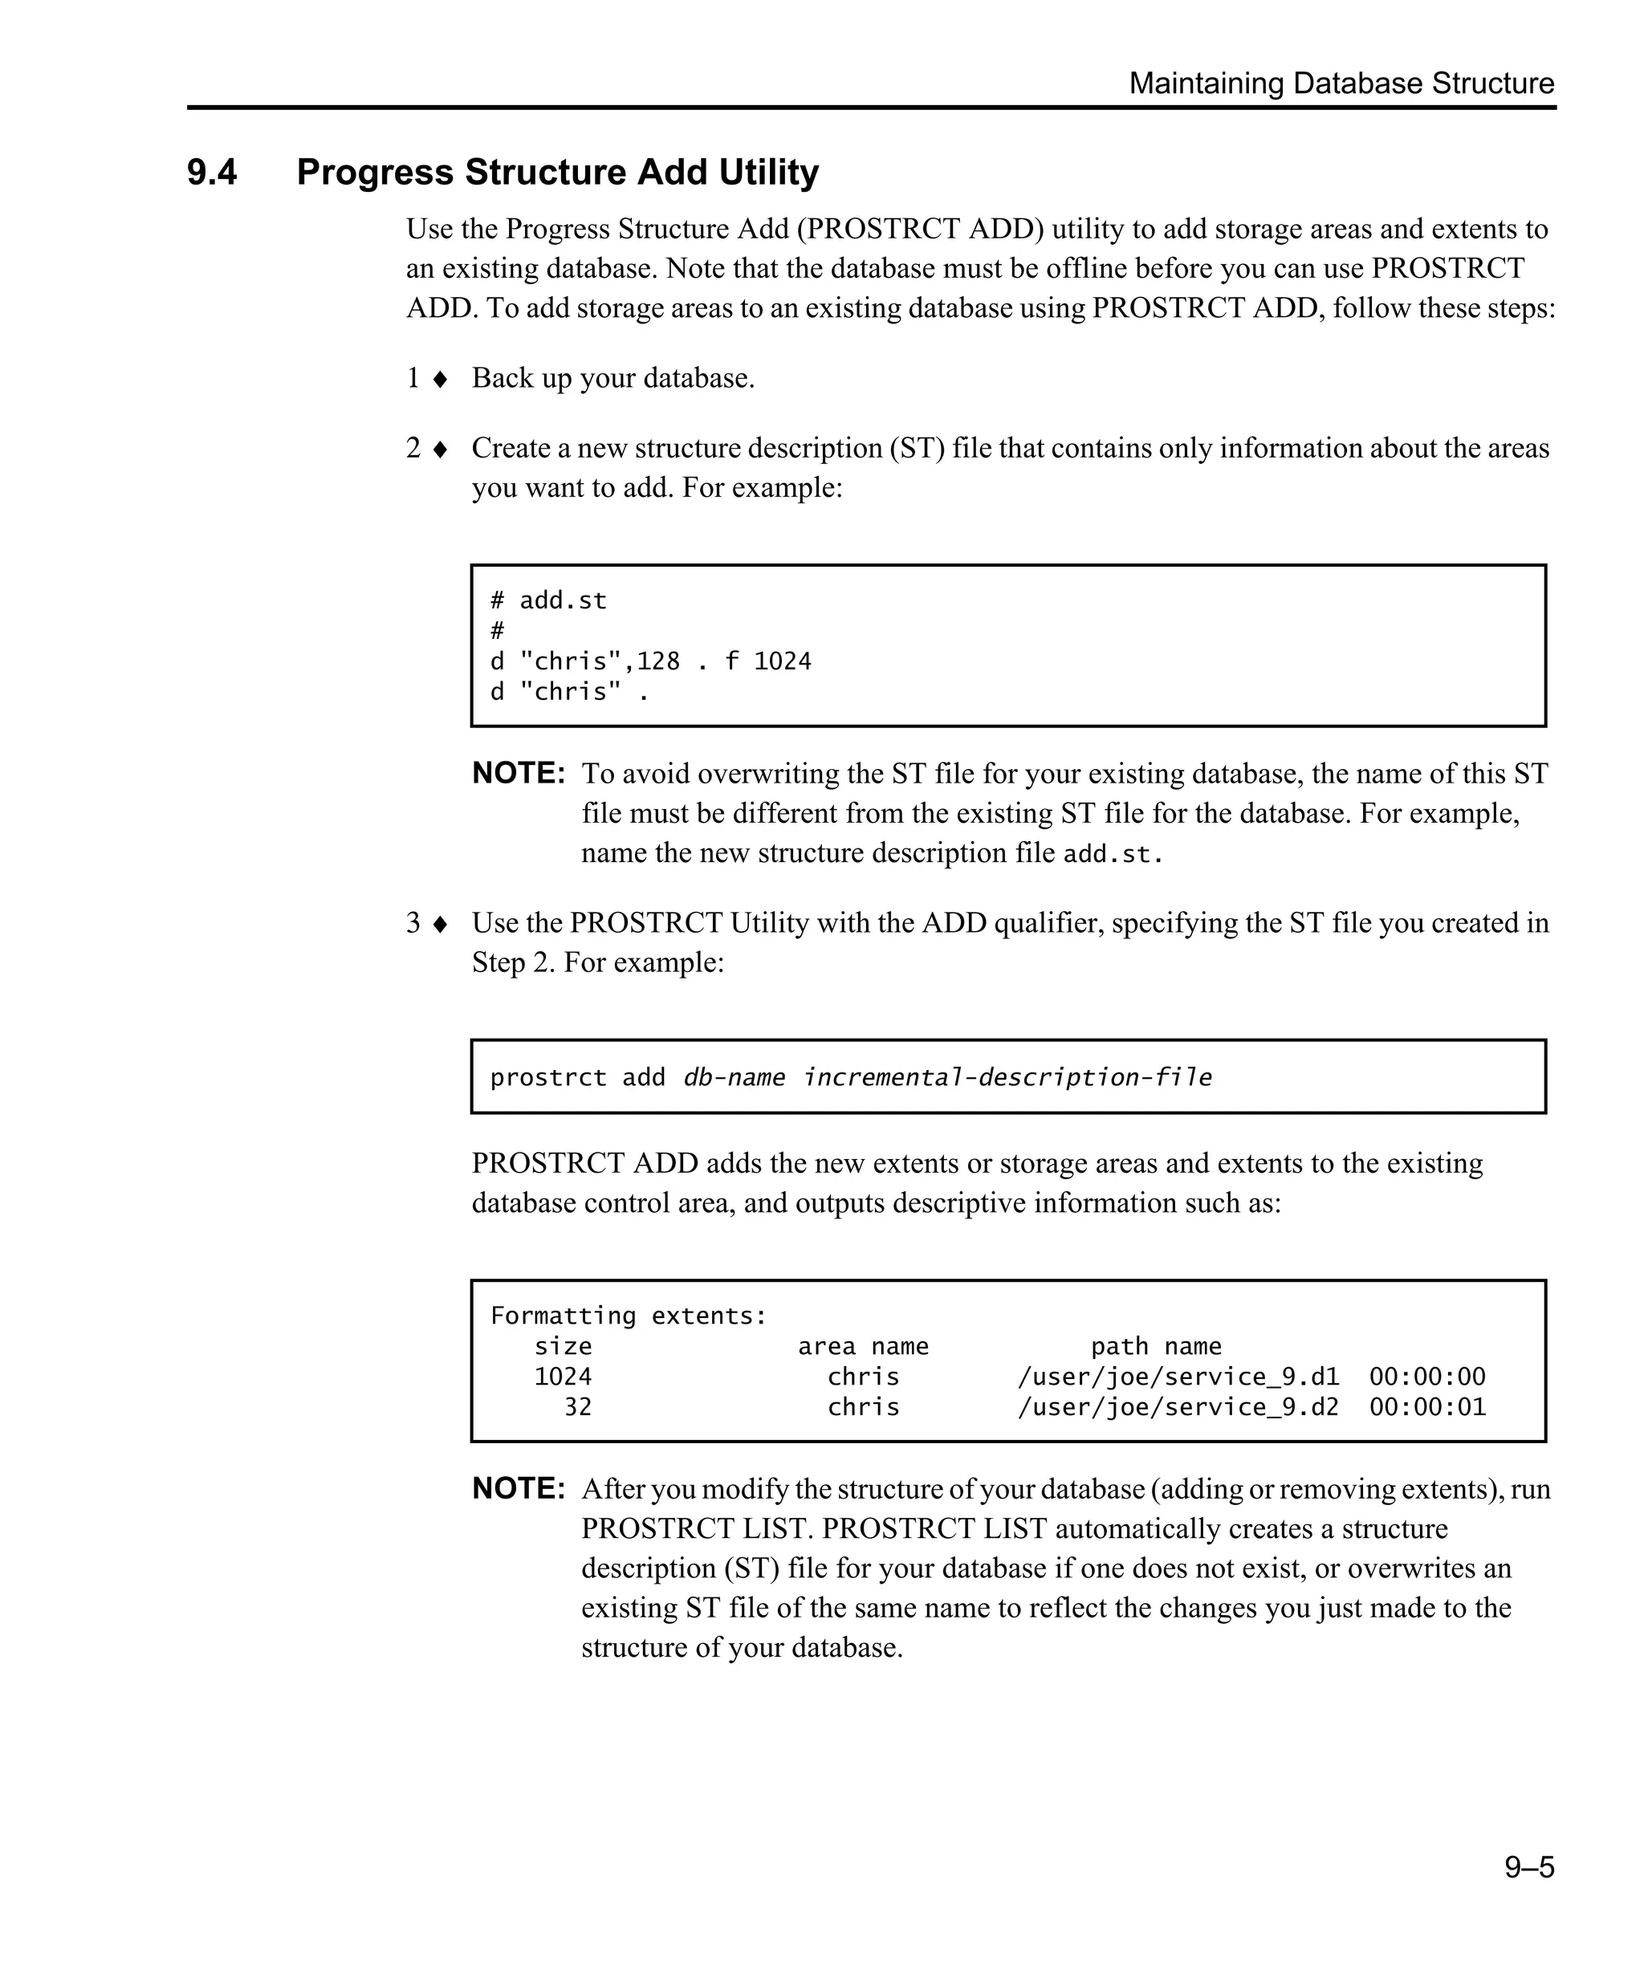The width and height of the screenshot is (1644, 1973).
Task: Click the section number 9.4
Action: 211,173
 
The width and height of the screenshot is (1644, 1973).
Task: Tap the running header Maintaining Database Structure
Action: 1341,83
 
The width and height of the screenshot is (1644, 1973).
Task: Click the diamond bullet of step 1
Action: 440,380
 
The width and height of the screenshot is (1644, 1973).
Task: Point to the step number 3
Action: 413,922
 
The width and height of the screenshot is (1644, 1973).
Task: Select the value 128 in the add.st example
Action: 657,661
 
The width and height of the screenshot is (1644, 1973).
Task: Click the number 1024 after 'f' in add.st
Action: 782,661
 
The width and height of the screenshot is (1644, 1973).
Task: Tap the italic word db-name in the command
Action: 734,1076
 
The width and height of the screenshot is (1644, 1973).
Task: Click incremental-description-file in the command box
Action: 1007,1076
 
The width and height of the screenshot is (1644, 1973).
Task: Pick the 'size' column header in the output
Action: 563,1346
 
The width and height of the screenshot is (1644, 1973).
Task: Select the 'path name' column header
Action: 1155,1346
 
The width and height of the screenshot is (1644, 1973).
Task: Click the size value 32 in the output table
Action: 577,1406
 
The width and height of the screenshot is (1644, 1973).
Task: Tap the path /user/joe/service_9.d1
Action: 1178,1377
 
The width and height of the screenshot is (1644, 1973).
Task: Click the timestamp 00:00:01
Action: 1427,1406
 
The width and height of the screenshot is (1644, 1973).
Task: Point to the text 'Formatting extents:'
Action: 629,1316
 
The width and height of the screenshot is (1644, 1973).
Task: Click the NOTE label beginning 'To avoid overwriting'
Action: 519,773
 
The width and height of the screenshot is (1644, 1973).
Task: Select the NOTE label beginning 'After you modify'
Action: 519,1488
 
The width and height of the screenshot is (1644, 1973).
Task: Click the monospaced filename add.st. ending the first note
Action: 1113,854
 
